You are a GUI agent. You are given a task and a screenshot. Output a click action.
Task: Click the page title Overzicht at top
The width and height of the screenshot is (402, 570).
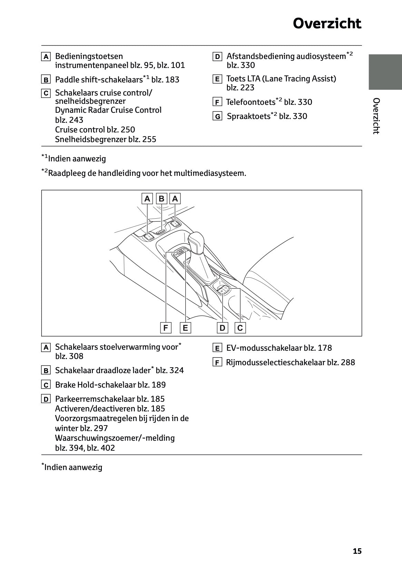point(327,24)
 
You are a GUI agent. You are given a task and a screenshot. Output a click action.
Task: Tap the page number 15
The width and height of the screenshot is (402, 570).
point(357,551)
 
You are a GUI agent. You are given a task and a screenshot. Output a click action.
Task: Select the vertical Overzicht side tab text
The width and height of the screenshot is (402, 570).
point(376,116)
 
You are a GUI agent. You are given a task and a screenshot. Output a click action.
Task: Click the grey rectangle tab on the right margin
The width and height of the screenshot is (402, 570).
point(385,72)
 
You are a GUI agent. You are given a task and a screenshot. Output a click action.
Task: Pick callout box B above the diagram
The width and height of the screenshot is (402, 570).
point(161,199)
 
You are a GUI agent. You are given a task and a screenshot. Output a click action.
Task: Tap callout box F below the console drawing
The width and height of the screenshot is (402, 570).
point(166,328)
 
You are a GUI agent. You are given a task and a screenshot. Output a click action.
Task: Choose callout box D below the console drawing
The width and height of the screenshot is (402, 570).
point(222,328)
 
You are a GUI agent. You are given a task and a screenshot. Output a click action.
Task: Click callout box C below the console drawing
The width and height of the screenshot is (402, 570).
point(240,328)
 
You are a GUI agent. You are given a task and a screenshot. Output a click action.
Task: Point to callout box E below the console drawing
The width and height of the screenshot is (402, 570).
point(185,328)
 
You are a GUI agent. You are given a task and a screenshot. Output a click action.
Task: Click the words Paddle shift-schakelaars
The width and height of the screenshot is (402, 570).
point(99,80)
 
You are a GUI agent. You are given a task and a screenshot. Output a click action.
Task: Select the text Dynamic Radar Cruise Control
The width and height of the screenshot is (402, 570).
point(108,110)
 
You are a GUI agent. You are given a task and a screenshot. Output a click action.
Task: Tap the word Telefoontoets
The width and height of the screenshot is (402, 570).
point(251,102)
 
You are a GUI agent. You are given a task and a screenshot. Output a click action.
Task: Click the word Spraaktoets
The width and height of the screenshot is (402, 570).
point(248,117)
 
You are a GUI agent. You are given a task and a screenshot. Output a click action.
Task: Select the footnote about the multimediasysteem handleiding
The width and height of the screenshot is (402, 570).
point(144,173)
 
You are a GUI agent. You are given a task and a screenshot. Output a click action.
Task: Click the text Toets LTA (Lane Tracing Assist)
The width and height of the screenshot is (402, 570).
point(281,79)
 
